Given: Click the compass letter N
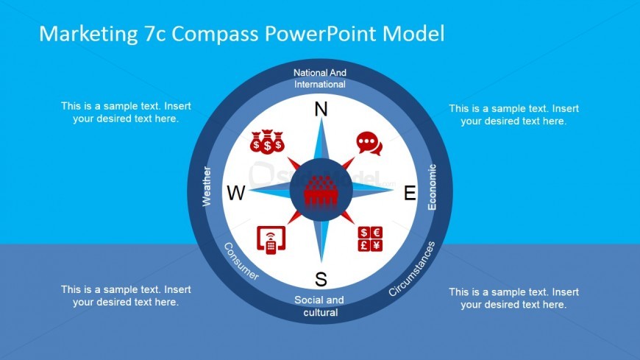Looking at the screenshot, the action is [x=321, y=109].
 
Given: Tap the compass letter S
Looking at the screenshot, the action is [x=321, y=280].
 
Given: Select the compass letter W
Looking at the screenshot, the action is [x=236, y=193].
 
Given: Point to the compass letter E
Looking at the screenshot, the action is [x=410, y=193].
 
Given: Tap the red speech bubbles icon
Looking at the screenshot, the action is [x=369, y=144].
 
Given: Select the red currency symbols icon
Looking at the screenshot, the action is [x=370, y=239].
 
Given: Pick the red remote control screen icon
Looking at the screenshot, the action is [x=271, y=240].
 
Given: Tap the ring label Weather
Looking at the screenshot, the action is [x=207, y=186].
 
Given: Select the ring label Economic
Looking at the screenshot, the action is [x=432, y=187].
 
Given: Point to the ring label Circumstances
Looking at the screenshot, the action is [x=412, y=269].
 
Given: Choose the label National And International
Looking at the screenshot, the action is [x=319, y=79].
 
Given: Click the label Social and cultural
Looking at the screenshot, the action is [x=319, y=306].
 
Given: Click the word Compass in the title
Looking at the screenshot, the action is [x=215, y=34].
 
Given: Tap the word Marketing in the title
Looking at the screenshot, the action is [x=88, y=34].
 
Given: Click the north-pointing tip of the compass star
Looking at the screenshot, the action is [x=321, y=119].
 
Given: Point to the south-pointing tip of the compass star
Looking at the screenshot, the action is [x=321, y=262].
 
